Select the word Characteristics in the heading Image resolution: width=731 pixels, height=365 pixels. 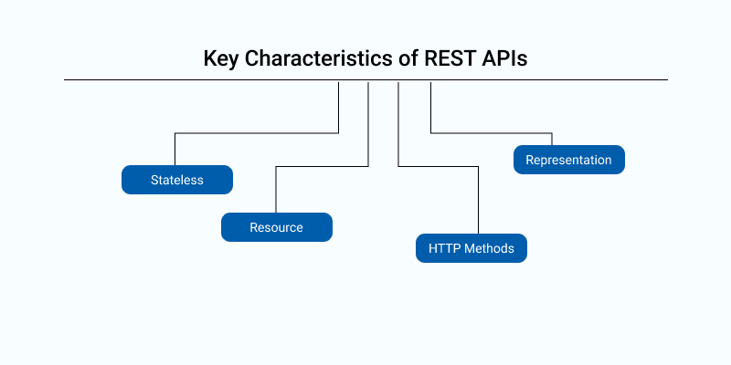(x=317, y=59)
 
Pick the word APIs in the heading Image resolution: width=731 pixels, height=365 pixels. (x=505, y=59)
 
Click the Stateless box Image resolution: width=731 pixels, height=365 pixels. (x=177, y=180)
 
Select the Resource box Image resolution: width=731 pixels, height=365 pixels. (x=276, y=227)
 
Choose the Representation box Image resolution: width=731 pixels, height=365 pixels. (x=568, y=160)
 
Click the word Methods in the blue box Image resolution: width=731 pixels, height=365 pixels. (x=489, y=248)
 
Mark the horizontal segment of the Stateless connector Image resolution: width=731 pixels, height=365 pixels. (x=257, y=134)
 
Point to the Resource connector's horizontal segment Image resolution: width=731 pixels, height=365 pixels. (x=322, y=166)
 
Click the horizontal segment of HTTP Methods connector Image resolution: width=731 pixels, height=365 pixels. (x=439, y=166)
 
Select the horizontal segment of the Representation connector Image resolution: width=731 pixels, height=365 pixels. (x=492, y=133)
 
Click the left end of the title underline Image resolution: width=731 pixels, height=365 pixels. (x=65, y=80)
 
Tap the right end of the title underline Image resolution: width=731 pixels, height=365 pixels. (x=666, y=80)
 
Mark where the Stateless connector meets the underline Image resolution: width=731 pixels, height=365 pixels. (x=339, y=81)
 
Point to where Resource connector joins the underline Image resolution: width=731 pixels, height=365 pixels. (x=368, y=81)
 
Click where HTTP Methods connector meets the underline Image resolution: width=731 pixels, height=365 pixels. (x=398, y=81)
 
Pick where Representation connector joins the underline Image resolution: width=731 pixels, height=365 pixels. (x=430, y=81)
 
